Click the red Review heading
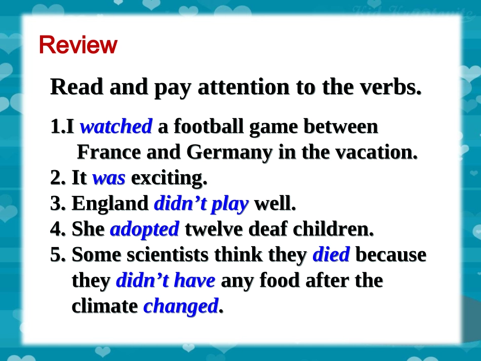pos(78,45)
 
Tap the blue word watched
pos(116,127)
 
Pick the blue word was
pos(109,178)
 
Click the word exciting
pos(169,178)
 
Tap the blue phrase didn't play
pos(201,204)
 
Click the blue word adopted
pos(144,229)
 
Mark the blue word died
pos(331,255)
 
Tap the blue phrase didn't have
pos(166,280)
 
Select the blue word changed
pos(181,306)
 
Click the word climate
pos(105,306)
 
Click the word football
pos(210,127)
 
